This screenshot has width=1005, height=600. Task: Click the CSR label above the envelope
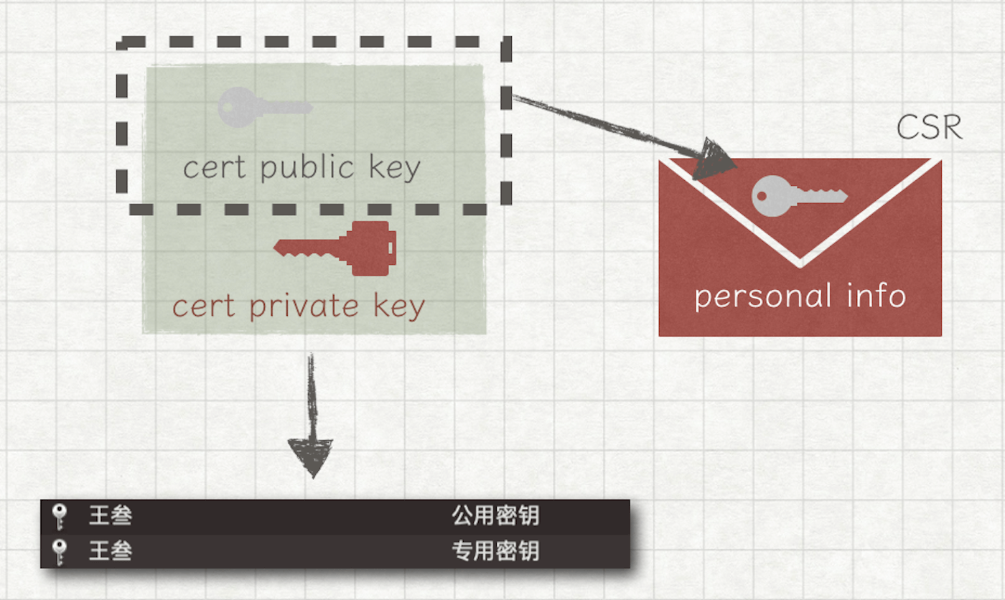click(929, 128)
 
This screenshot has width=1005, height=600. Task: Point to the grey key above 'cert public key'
click(264, 108)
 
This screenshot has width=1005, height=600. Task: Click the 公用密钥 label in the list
click(495, 515)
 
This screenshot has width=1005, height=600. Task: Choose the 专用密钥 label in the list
click(495, 551)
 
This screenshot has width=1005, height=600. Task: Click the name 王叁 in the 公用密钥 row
click(110, 515)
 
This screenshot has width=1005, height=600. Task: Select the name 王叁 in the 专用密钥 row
click(110, 551)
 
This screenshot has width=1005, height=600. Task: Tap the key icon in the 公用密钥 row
click(60, 515)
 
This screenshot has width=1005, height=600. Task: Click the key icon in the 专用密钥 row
click(60, 551)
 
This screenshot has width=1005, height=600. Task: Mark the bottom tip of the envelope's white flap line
click(800, 263)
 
